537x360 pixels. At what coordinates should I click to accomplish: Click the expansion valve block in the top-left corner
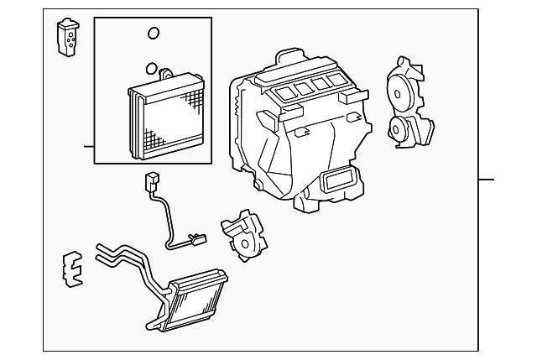(66, 37)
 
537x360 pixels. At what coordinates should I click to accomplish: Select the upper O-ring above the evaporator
(153, 34)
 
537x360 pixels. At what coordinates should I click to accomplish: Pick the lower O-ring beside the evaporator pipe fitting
(149, 69)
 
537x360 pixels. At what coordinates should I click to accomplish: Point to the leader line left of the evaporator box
(89, 147)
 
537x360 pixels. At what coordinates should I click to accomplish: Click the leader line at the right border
(487, 180)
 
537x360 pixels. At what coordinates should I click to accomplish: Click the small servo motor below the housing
(242, 235)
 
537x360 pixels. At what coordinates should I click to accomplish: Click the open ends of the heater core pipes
(101, 250)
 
